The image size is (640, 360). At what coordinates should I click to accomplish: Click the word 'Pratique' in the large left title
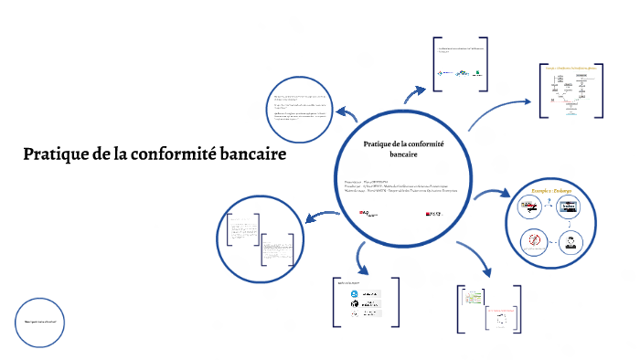[56, 154]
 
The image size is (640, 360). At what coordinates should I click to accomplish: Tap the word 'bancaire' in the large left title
[251, 154]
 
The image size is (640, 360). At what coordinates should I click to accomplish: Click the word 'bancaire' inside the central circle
[403, 156]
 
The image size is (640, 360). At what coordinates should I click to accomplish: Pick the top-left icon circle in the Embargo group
[532, 207]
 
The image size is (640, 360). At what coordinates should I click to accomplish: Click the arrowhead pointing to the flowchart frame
[528, 103]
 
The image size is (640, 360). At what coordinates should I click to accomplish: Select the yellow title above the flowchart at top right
[571, 68]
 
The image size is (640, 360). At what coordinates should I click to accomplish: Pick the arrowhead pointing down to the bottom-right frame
[487, 272]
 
